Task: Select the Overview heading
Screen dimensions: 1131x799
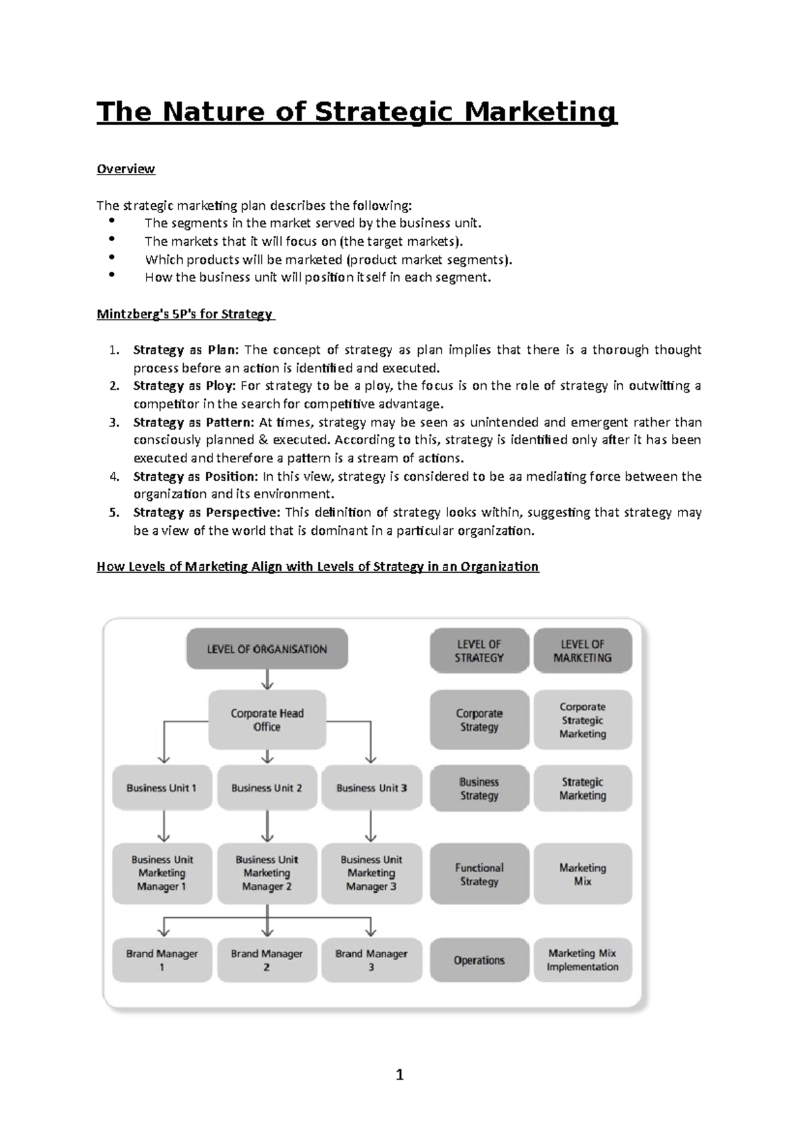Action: tap(126, 169)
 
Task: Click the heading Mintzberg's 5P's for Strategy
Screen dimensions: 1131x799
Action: tap(184, 314)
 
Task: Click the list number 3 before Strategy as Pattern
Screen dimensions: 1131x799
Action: tap(115, 422)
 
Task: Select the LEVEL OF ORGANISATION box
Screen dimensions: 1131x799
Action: tap(267, 649)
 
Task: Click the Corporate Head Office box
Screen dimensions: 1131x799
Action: tap(267, 720)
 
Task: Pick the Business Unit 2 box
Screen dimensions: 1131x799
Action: tap(267, 788)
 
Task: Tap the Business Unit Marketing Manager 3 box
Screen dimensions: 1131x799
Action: tap(372, 873)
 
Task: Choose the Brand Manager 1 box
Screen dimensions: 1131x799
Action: tap(162, 960)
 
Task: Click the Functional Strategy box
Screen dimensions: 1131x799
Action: tap(479, 874)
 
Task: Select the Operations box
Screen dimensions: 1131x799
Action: tap(479, 960)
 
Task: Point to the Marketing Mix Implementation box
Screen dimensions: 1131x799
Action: tap(583, 960)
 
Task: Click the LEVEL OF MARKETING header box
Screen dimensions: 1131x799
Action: tap(583, 651)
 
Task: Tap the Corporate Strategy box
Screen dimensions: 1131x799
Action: tap(479, 720)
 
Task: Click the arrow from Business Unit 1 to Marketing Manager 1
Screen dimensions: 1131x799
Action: tap(163, 827)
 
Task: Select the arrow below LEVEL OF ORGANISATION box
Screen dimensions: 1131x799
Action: tap(267, 679)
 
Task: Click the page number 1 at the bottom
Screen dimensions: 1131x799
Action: tap(400, 1074)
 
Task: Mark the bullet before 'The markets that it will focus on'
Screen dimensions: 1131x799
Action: tap(111, 239)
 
